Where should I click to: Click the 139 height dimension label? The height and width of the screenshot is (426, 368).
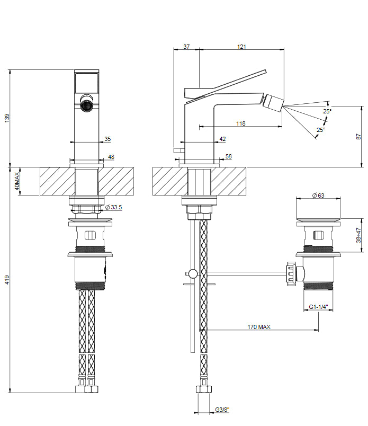(7, 118)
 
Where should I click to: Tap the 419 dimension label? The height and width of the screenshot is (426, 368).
(7, 280)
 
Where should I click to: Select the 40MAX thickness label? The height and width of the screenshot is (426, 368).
(17, 181)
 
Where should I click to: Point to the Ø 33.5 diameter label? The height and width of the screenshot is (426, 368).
(113, 207)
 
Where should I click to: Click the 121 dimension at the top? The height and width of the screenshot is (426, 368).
(241, 47)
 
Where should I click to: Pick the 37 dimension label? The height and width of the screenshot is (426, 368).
(186, 47)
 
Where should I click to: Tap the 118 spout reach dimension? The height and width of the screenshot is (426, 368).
(240, 123)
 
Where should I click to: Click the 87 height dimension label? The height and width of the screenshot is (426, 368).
(358, 137)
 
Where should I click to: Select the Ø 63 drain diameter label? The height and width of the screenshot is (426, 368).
(318, 196)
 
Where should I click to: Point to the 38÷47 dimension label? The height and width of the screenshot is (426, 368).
(358, 235)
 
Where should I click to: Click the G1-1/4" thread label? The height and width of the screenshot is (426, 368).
(318, 307)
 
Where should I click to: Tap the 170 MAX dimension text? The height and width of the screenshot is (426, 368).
(259, 327)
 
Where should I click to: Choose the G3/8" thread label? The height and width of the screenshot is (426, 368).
(222, 410)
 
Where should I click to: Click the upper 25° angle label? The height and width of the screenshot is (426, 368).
(327, 111)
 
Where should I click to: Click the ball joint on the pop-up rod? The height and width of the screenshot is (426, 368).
(193, 273)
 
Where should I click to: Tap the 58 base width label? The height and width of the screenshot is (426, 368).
(228, 156)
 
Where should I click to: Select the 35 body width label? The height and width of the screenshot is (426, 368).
(107, 139)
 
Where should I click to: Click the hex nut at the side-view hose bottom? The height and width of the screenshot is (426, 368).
(203, 389)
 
